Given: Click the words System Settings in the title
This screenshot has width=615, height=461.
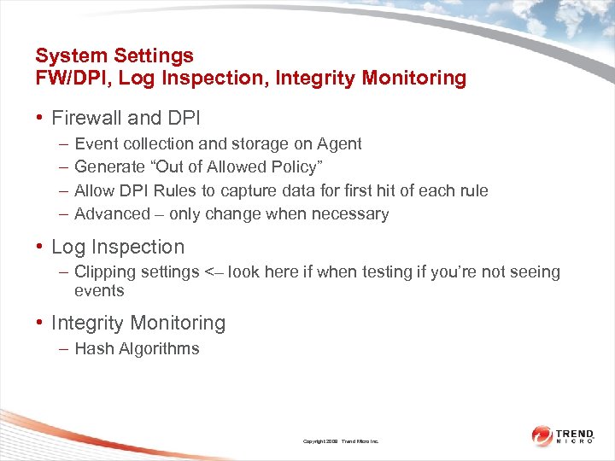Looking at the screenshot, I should (114, 56).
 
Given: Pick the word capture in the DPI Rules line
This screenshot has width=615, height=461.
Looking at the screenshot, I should (278, 190).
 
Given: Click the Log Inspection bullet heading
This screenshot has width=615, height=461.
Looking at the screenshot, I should (118, 247).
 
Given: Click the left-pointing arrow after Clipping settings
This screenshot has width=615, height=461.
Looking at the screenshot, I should (214, 272).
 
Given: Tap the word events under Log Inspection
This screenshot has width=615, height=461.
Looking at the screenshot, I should (99, 291).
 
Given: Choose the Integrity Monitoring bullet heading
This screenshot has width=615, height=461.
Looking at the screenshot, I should (138, 324).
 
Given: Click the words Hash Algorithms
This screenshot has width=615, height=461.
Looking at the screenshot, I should (137, 348).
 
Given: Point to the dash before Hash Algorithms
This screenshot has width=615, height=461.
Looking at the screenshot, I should (65, 348).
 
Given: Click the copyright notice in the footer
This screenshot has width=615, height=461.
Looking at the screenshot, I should (341, 441).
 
